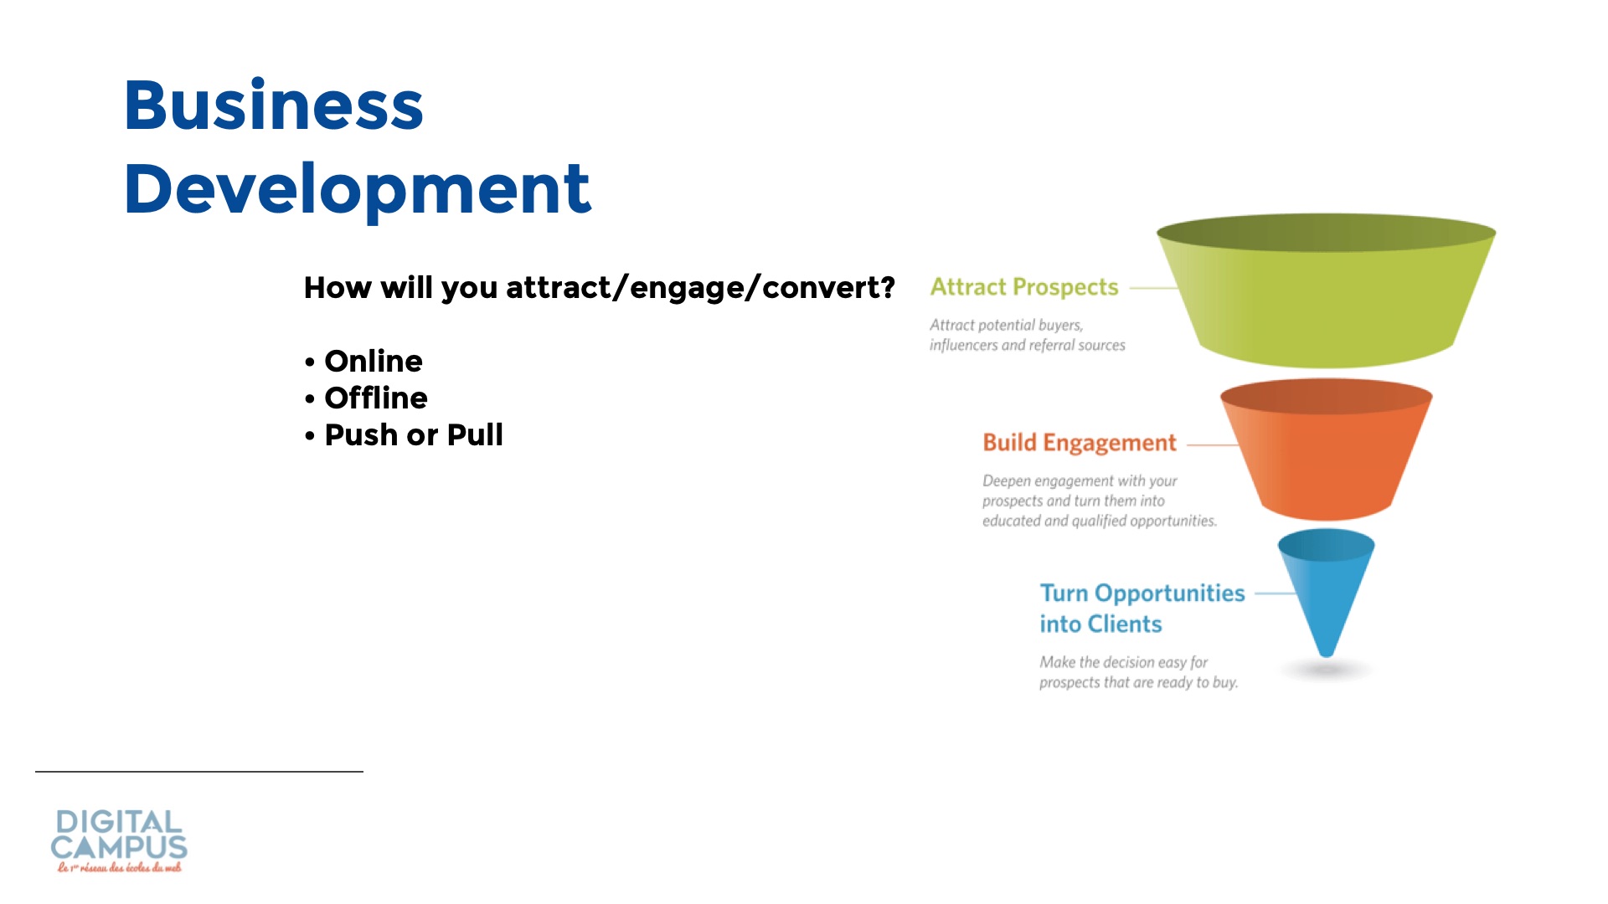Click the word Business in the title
(x=274, y=105)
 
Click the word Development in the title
(x=358, y=189)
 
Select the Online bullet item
(x=363, y=362)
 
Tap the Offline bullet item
(x=366, y=398)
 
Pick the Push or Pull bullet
(x=404, y=435)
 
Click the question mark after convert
(x=886, y=287)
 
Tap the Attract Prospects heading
(x=1024, y=287)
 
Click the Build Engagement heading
(x=1080, y=443)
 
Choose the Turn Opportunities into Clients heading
(x=1142, y=609)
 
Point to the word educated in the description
(x=1011, y=521)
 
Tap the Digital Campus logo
(x=119, y=840)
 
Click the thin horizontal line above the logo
(x=199, y=771)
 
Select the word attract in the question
(x=559, y=287)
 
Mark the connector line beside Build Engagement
(x=1213, y=445)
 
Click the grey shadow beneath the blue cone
(x=1327, y=670)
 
